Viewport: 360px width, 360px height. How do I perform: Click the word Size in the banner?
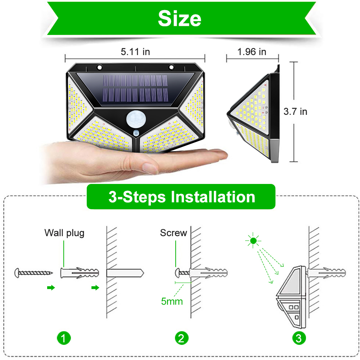179,19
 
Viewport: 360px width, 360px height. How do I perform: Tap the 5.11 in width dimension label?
135,52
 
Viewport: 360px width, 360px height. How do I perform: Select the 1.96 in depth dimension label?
252,52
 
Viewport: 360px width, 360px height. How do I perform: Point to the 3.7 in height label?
295,112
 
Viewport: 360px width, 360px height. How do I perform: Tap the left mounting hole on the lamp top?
99,67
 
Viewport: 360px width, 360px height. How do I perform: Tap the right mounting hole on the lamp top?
171,67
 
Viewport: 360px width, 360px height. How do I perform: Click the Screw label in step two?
174,233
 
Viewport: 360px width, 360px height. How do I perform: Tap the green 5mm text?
172,301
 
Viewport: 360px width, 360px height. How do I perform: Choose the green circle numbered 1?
64,338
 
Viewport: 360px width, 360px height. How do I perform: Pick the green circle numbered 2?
181,338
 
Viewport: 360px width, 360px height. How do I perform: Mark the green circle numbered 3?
299,338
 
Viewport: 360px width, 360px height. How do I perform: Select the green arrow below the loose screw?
51,287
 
